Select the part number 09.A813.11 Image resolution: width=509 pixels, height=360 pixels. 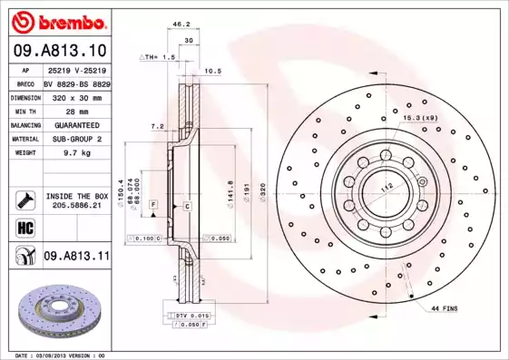point(76,257)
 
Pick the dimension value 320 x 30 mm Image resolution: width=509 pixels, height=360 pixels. point(75,95)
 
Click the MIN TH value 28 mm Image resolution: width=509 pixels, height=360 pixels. point(75,110)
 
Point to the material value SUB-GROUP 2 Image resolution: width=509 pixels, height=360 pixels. point(75,139)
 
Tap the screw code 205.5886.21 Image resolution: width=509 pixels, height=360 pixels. point(75,205)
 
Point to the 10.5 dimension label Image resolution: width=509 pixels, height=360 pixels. point(213,70)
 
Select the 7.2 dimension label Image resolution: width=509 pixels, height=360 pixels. point(156,126)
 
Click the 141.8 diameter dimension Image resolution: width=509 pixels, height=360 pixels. point(218,190)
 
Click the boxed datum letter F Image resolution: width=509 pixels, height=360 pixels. point(154,208)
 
